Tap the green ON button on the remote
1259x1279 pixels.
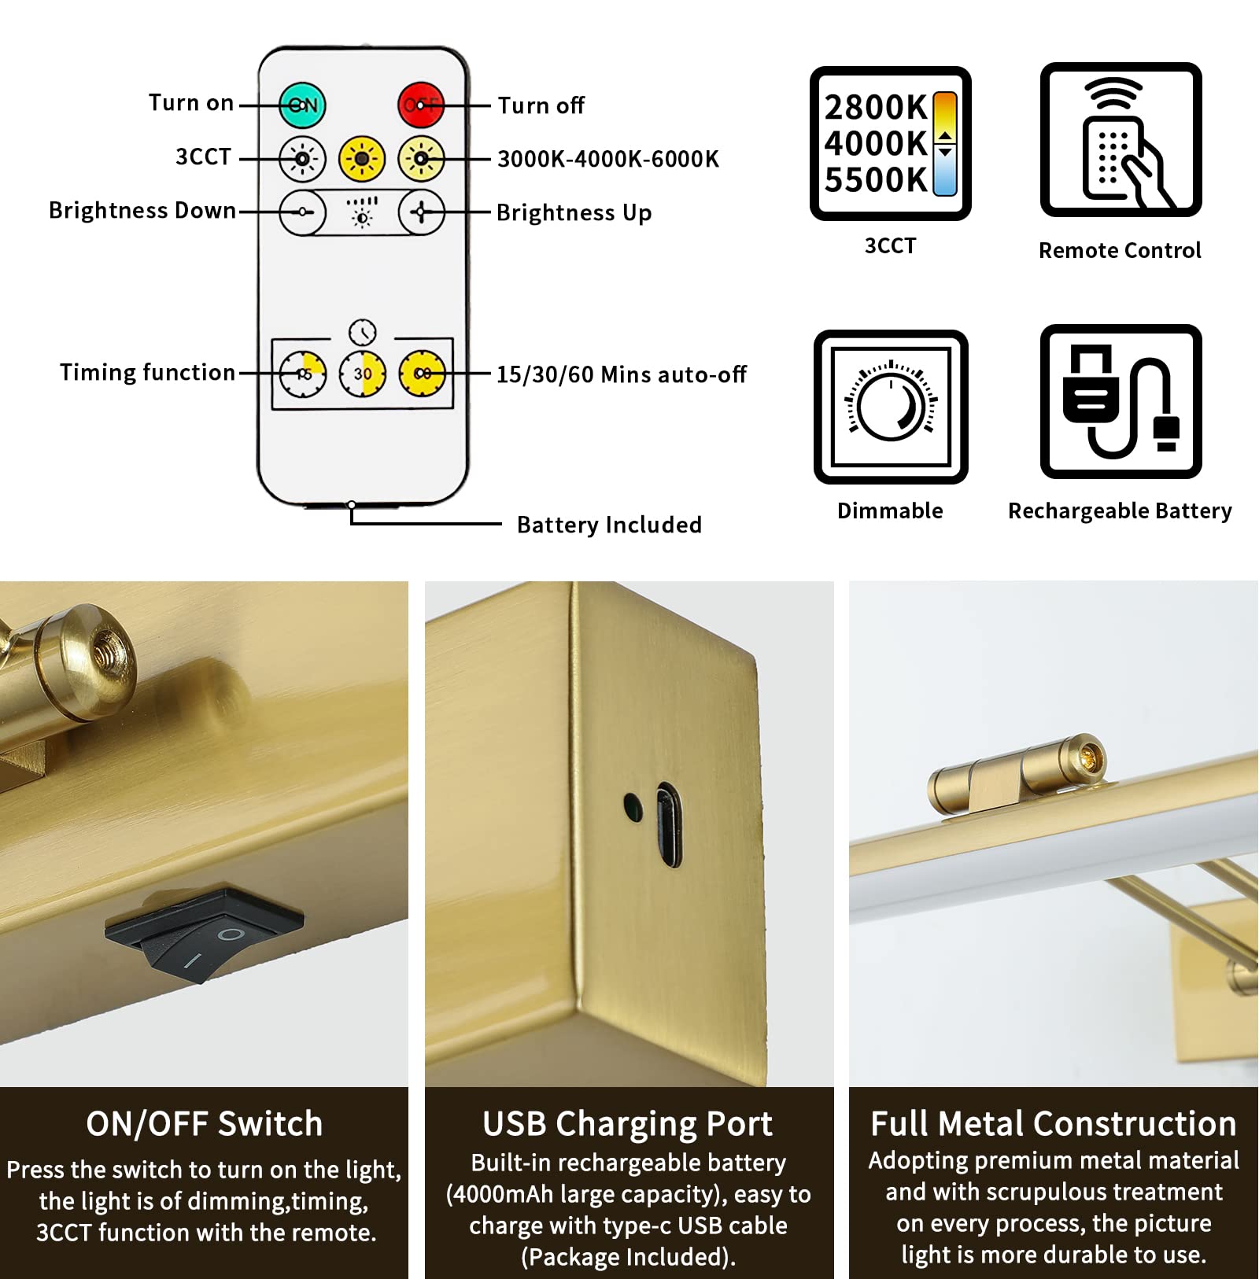tap(303, 105)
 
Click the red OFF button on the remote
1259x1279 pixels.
tap(421, 105)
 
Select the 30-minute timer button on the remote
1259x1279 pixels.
tap(363, 374)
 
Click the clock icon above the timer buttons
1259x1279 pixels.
tap(363, 332)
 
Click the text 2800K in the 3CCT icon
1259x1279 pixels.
tap(876, 108)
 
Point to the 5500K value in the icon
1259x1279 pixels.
tap(876, 180)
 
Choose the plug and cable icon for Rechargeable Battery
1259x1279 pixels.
tap(1121, 402)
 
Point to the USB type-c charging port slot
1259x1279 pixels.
tap(668, 824)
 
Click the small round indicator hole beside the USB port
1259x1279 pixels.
tap(632, 806)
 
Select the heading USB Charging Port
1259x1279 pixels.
tap(628, 1124)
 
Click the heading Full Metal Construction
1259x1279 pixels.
tap(1053, 1124)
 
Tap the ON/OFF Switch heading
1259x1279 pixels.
tap(204, 1124)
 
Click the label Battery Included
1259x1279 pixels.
tap(609, 525)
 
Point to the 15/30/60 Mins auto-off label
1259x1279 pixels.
tap(621, 374)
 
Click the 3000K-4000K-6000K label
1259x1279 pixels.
tap(607, 159)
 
